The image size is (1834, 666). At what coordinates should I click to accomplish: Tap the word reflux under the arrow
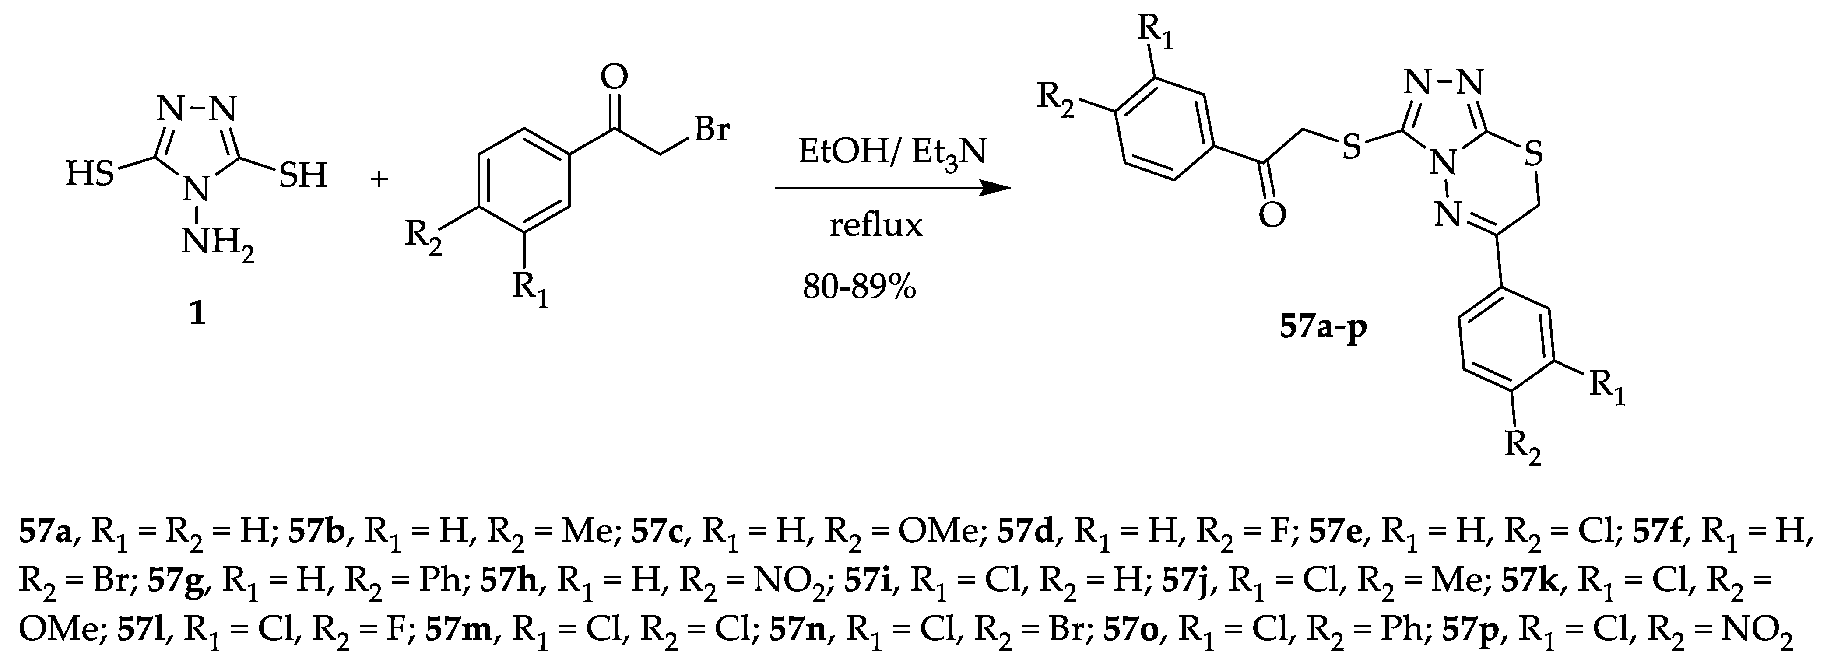(876, 225)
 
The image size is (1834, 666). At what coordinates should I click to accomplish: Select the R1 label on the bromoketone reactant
(531, 290)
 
